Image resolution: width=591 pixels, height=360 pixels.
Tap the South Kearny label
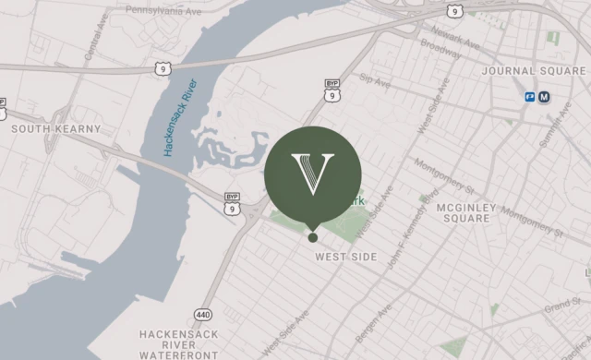54,130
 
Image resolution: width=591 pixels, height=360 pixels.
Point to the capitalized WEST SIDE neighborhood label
346,257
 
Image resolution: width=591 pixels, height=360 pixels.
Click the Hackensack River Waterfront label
179,343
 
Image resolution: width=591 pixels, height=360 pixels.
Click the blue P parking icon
531,96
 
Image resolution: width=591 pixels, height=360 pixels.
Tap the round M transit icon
545,96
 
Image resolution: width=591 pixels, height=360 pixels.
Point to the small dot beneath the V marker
313,237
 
